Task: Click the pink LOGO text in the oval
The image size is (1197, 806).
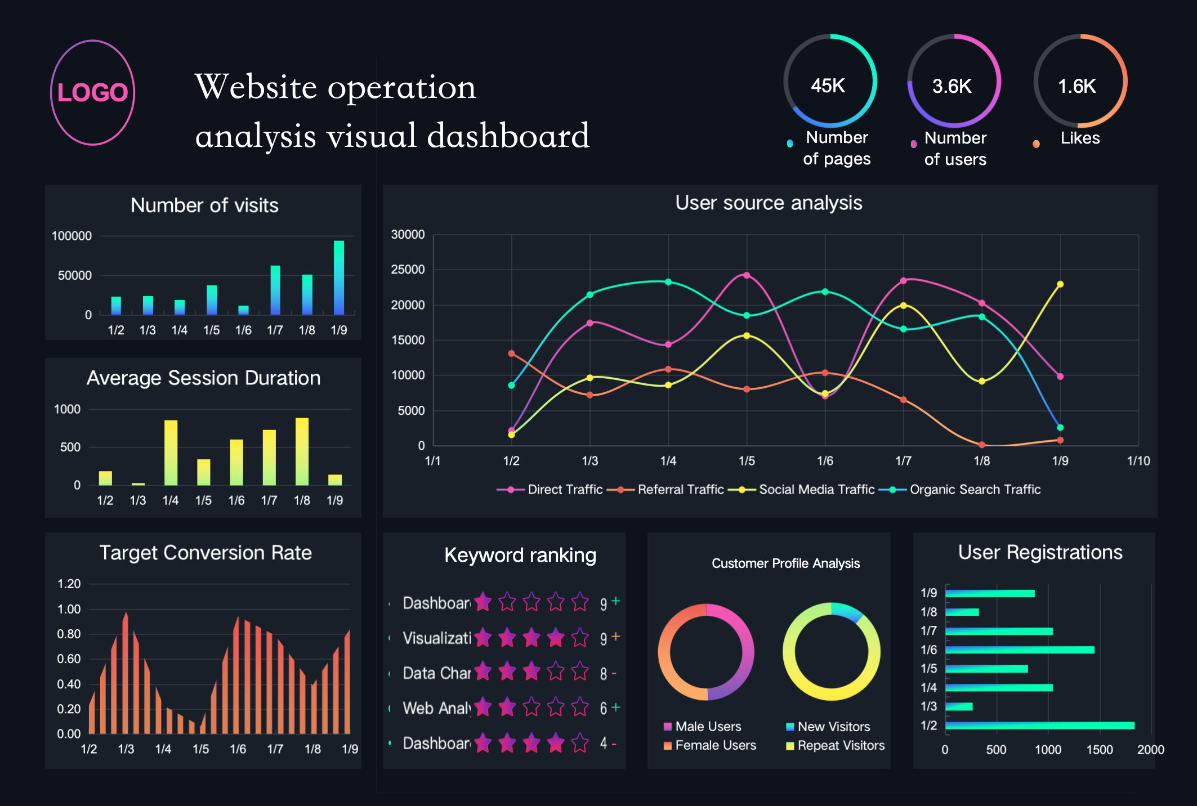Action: (93, 92)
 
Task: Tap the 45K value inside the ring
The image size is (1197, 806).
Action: (828, 86)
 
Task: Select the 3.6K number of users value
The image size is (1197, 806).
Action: (952, 86)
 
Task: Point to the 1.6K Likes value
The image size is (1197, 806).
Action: (1077, 86)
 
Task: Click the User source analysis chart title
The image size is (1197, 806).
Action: (769, 203)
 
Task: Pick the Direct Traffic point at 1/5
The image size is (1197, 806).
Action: (747, 275)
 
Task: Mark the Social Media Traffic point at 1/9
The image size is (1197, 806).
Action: (1060, 284)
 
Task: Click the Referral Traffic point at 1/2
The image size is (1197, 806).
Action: (511, 353)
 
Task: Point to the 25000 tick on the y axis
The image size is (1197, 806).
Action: (408, 270)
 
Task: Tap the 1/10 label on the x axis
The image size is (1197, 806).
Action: (1138, 461)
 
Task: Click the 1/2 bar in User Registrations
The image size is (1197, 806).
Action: (1039, 726)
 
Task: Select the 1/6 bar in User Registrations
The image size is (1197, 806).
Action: (1020, 650)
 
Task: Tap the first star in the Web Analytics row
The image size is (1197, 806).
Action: (483, 707)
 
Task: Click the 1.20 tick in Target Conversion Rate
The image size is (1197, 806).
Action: (69, 584)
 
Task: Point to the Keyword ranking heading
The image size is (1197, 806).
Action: (520, 555)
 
